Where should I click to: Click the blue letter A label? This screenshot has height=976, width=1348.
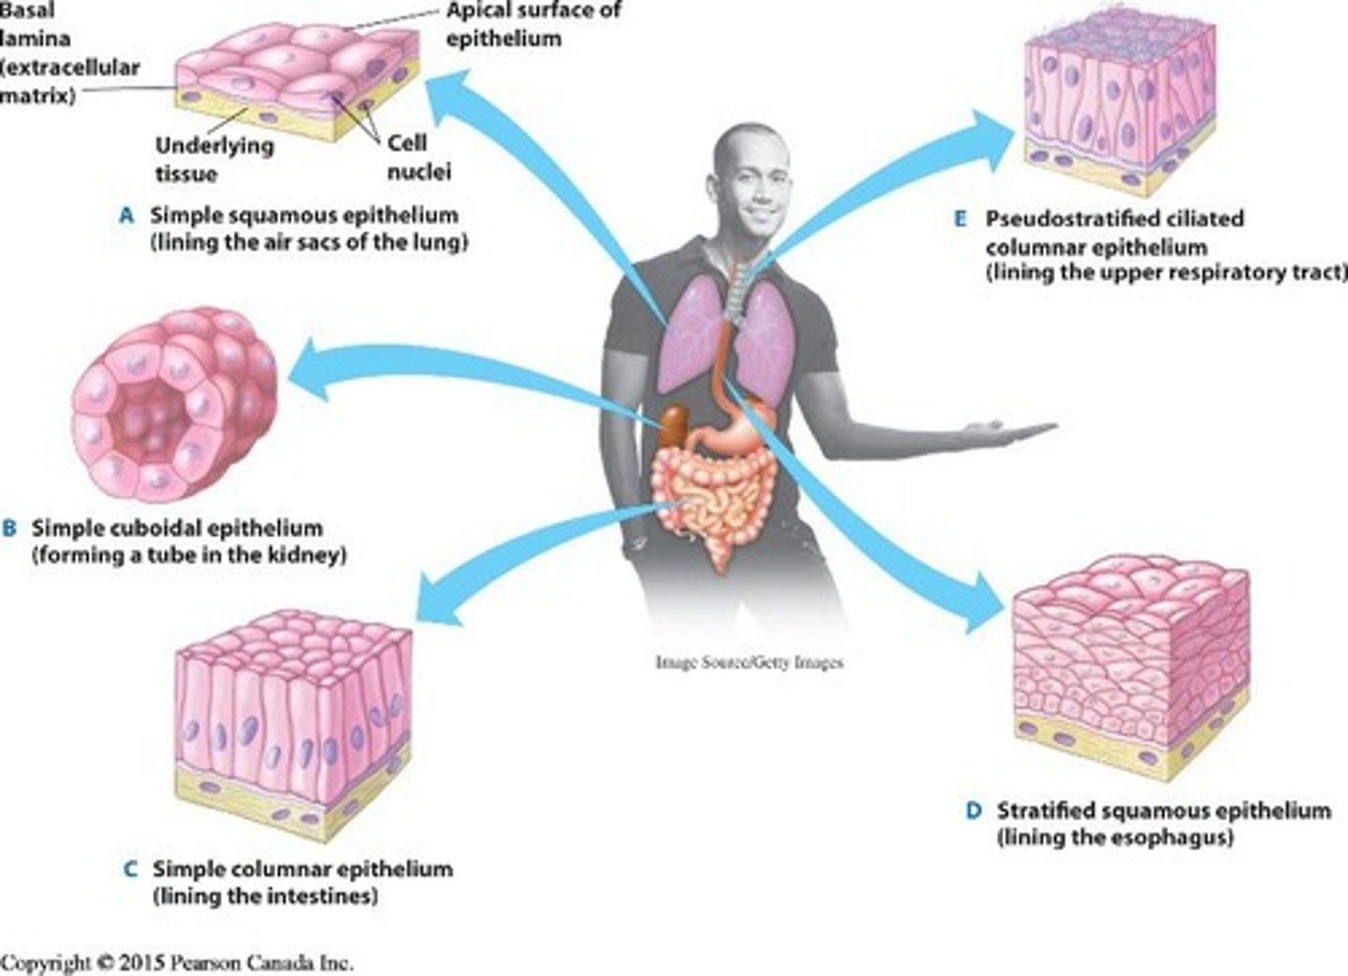click(x=127, y=216)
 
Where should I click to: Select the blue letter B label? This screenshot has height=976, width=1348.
click(x=10, y=529)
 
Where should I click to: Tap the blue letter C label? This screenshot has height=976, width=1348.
click(x=131, y=870)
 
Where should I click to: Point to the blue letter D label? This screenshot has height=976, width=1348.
click(x=974, y=811)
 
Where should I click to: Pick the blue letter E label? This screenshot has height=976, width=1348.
click(x=960, y=220)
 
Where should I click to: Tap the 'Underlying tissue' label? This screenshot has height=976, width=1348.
click(x=213, y=159)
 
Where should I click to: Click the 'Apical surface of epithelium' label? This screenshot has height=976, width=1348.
click(x=532, y=24)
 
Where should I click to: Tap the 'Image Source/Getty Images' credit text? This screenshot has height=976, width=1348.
click(x=749, y=662)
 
